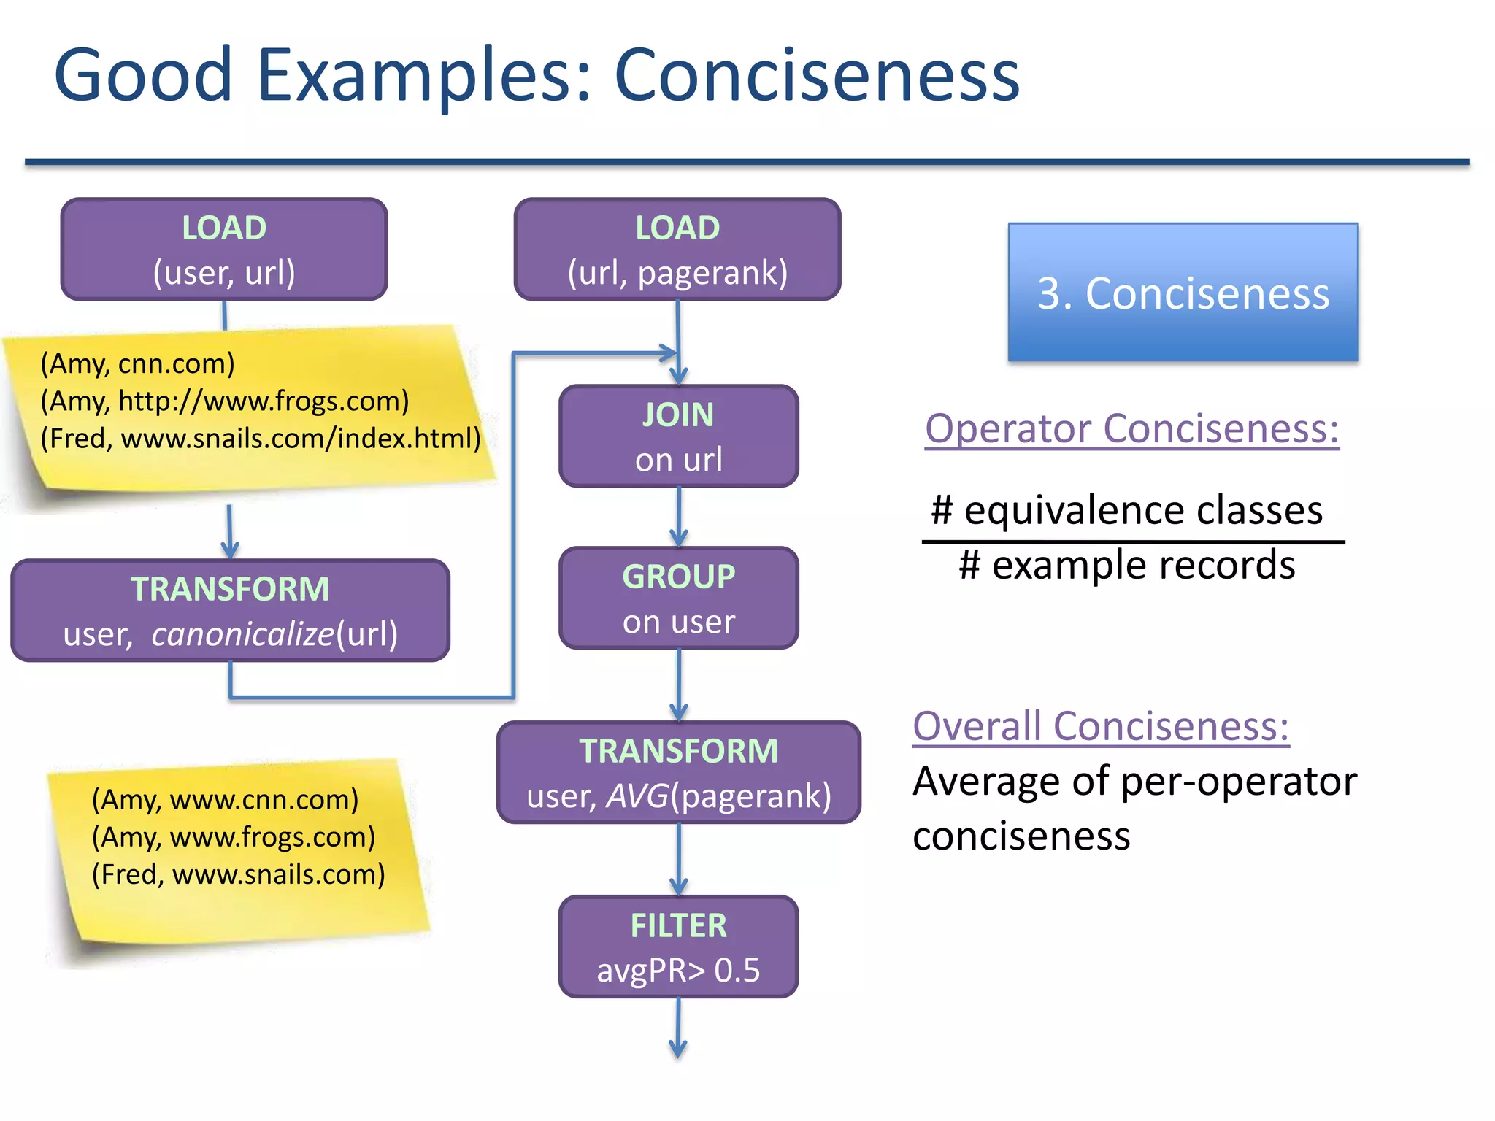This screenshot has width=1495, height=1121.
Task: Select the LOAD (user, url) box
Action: click(224, 249)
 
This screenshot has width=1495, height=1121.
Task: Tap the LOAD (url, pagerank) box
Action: click(677, 249)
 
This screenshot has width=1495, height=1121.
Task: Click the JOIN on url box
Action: click(678, 436)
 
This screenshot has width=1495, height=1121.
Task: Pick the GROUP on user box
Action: click(678, 598)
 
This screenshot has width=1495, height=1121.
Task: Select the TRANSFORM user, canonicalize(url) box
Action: click(230, 611)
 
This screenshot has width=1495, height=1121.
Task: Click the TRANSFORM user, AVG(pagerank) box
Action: click(678, 773)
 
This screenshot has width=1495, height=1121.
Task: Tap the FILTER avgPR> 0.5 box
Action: click(678, 947)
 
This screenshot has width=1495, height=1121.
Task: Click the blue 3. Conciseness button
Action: click(1183, 293)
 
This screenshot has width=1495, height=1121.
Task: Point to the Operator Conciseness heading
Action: click(1131, 428)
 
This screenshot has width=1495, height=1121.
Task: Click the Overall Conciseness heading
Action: click(1101, 726)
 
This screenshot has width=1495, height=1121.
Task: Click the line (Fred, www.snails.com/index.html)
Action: click(261, 439)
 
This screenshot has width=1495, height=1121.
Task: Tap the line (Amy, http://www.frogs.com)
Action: click(224, 401)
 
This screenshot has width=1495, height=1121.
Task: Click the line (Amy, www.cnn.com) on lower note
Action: click(225, 800)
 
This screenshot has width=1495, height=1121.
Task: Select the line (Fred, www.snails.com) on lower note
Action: click(238, 874)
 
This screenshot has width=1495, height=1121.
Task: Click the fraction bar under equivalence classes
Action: click(1133, 542)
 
